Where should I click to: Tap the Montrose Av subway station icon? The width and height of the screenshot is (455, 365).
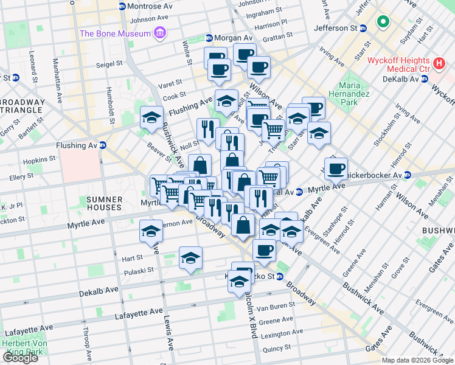click(122, 6)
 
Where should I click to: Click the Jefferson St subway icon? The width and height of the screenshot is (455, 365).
click(363, 28)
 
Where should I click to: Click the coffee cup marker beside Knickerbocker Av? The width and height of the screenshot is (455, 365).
click(336, 169)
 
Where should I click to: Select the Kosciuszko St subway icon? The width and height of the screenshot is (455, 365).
click(280, 276)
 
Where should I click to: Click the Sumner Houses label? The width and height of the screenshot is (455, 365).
click(104, 203)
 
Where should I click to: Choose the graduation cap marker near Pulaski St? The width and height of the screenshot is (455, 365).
click(191, 258)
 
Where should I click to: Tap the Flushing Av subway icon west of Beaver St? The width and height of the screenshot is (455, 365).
click(103, 145)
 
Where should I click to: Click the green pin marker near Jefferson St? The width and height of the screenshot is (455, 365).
click(383, 23)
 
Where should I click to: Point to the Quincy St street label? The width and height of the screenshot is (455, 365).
click(277, 349)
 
